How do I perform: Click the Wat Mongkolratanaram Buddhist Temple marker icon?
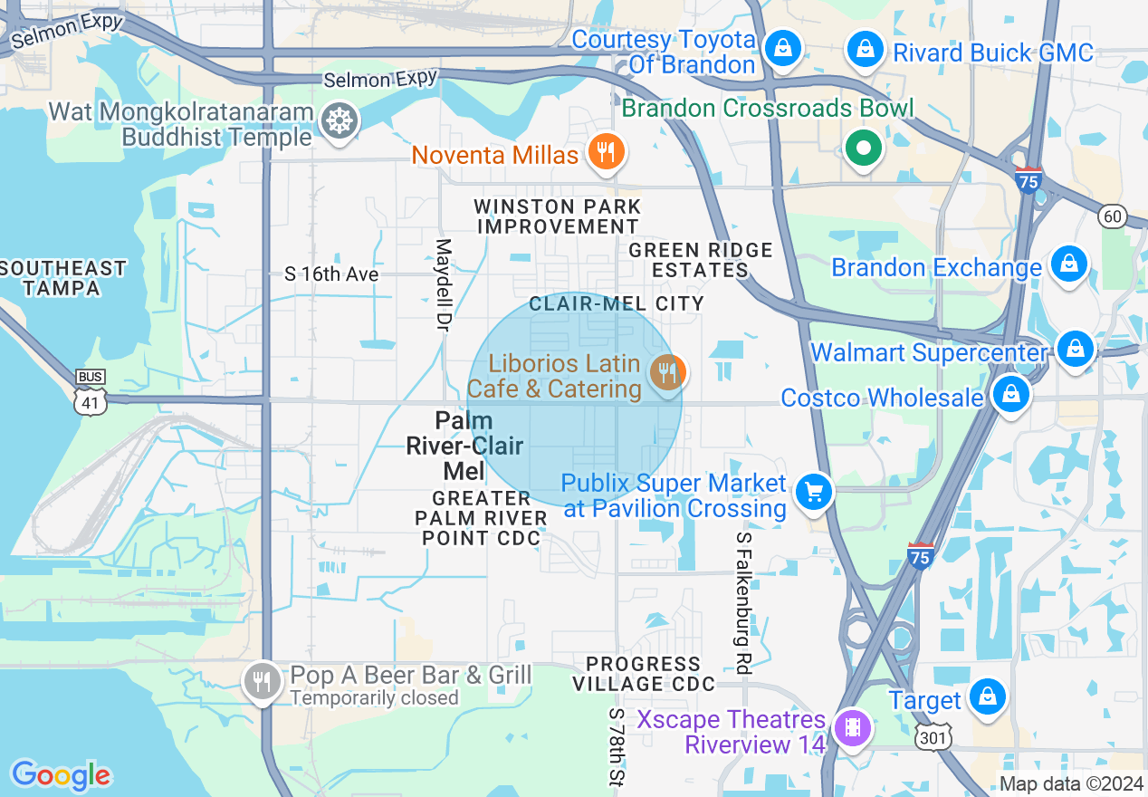[x=339, y=120]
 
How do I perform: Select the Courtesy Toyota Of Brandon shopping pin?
[x=781, y=49]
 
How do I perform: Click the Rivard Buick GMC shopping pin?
[x=866, y=49]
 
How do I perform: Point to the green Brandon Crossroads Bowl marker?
[x=863, y=148]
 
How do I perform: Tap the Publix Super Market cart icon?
[x=813, y=493]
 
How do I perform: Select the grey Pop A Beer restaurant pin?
[x=263, y=679]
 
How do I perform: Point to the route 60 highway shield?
[x=1111, y=216]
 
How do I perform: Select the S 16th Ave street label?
[x=331, y=274]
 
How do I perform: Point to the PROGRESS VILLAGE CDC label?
[x=643, y=674]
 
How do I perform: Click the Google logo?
[x=61, y=775]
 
